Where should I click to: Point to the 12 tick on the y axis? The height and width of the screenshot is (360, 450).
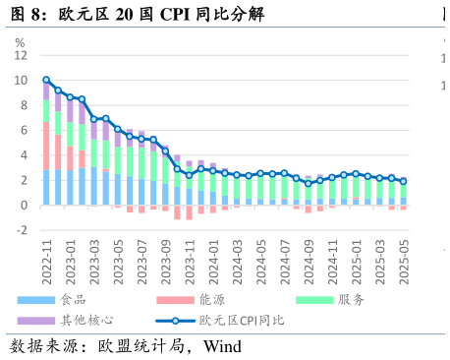[x=21, y=56]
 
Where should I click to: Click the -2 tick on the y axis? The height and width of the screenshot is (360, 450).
[x=22, y=230]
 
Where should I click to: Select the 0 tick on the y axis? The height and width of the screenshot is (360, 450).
[x=24, y=206]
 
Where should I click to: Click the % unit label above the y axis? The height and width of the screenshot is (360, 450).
[x=20, y=42]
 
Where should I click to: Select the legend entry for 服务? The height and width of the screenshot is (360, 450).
[x=351, y=299]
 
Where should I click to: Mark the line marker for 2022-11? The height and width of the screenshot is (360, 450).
[x=46, y=80]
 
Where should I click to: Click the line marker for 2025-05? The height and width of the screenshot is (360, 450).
[x=403, y=181]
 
